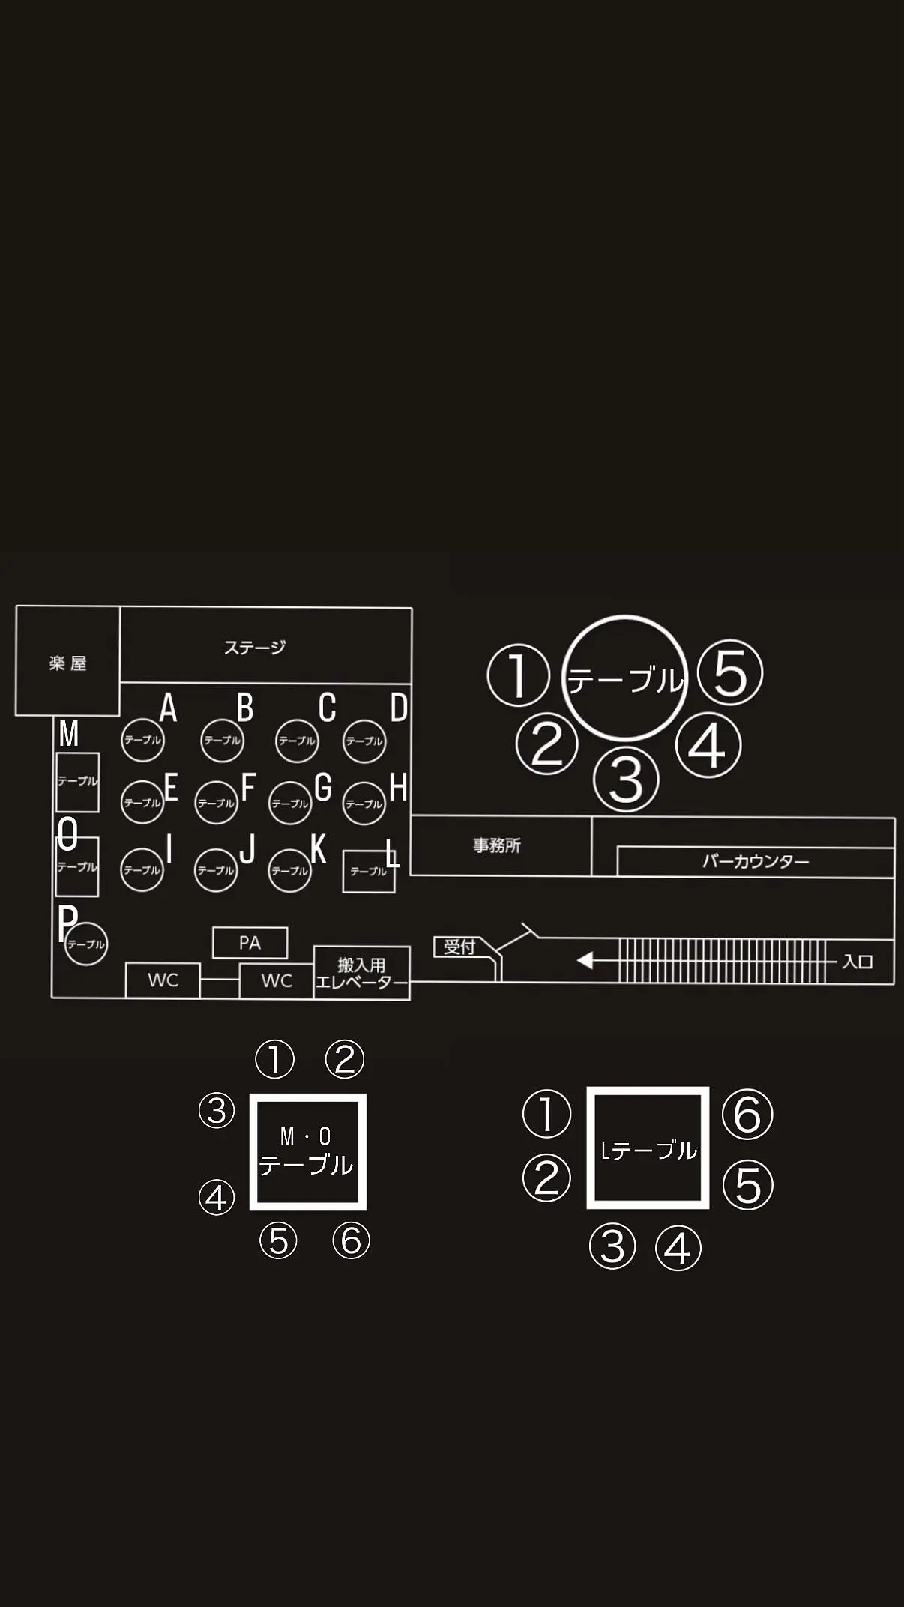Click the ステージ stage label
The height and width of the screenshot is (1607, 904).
[x=255, y=648]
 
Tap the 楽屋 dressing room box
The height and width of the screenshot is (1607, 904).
[x=67, y=660]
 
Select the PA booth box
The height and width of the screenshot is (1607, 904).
[x=250, y=943]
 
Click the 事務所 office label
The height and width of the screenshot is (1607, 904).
[x=497, y=845]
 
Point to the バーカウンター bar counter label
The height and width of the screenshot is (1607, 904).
[x=756, y=861]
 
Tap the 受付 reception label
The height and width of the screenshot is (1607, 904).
[x=459, y=947]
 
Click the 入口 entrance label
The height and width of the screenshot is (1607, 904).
[x=858, y=961]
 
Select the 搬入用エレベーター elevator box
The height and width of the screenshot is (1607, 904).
[x=362, y=973]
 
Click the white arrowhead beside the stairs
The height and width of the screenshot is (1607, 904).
[x=585, y=960]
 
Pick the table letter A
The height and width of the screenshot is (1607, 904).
[x=169, y=708]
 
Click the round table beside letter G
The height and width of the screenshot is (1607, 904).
[x=290, y=803]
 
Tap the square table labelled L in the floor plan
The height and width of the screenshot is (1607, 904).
[x=369, y=872]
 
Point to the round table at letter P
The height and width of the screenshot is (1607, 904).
[x=86, y=944]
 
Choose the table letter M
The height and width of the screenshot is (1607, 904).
[x=69, y=734]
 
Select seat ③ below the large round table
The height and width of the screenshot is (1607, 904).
[x=626, y=780]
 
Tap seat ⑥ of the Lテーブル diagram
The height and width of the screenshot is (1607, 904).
[x=747, y=1114]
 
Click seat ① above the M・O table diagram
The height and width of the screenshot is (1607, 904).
[x=274, y=1059]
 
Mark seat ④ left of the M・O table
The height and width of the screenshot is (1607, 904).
[x=216, y=1197]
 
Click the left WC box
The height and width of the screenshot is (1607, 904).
[x=163, y=980]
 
